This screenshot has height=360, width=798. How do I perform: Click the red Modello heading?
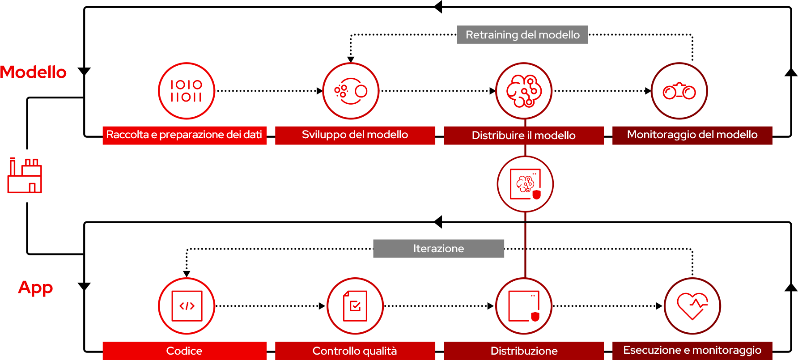click(x=33, y=72)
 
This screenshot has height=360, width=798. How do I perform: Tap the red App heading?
click(x=35, y=287)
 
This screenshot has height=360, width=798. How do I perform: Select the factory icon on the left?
click(x=25, y=175)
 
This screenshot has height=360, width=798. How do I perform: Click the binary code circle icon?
click(x=187, y=91)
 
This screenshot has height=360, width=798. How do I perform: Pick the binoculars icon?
click(x=679, y=91)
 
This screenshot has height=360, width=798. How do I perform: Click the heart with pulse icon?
click(x=692, y=306)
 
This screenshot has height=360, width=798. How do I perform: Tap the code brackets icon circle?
click(x=187, y=306)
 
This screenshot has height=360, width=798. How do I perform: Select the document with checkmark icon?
click(x=355, y=306)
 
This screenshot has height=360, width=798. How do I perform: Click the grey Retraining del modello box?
click(x=522, y=34)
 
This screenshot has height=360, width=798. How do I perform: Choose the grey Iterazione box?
click(x=438, y=249)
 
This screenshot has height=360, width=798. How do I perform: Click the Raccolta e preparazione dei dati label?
click(x=184, y=135)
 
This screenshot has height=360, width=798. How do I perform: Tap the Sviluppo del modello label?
click(x=355, y=135)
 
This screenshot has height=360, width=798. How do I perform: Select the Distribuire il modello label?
click(x=523, y=136)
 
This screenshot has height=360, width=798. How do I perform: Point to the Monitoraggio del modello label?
click(x=692, y=135)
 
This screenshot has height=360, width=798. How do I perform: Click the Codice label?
click(x=184, y=351)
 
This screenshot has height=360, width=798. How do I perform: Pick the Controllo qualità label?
click(x=355, y=351)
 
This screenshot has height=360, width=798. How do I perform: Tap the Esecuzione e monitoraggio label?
click(x=692, y=350)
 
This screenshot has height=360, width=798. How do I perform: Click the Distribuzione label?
click(x=523, y=351)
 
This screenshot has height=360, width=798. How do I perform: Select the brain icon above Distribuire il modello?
click(x=524, y=91)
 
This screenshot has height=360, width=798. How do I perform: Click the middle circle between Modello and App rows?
click(x=525, y=184)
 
